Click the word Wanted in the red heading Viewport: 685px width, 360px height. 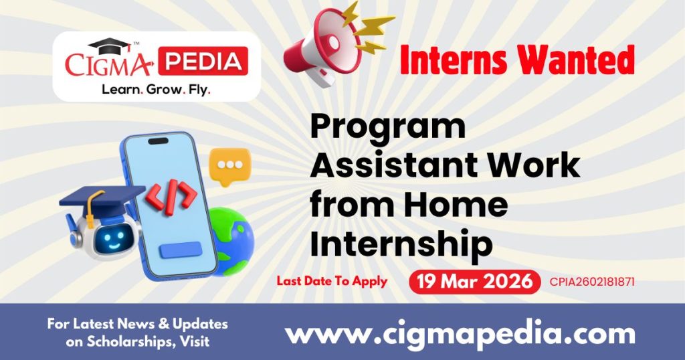click(575, 62)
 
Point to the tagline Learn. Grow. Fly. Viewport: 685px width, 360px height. click(155, 89)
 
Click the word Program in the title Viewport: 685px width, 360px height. click(387, 126)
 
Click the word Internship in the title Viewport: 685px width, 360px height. click(401, 244)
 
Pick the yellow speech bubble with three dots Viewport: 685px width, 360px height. click(229, 165)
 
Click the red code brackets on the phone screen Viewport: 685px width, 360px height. click(171, 195)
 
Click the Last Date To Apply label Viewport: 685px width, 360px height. click(332, 281)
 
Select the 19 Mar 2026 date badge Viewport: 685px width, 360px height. click(474, 282)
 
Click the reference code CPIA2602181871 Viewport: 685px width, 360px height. click(591, 282)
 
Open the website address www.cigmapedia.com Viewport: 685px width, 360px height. click(460, 333)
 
